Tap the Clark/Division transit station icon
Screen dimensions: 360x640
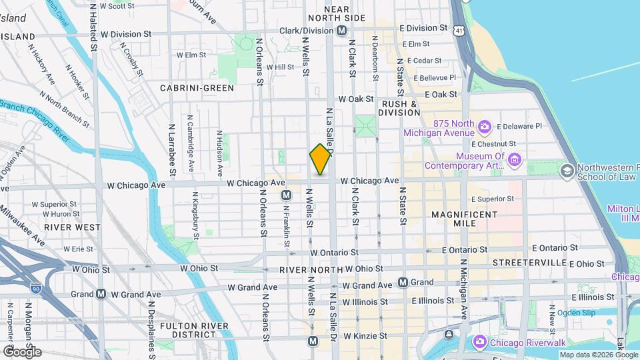pos(341,31)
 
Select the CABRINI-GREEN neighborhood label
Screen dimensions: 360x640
pos(197,88)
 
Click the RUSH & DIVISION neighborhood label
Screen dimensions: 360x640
pos(399,108)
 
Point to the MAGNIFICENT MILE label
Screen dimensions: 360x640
pos(464,219)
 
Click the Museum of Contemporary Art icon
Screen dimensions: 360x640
pos(514,159)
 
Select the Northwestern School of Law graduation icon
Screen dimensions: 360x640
pos(567,171)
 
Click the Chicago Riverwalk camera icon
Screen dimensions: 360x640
pos(480,341)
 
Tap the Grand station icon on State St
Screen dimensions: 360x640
pos(403,282)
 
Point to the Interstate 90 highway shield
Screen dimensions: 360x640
pos(35,288)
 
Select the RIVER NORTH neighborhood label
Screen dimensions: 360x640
pos(305,270)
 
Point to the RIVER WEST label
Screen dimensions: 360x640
pos(72,227)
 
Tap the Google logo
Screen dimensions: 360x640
pos(21,351)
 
